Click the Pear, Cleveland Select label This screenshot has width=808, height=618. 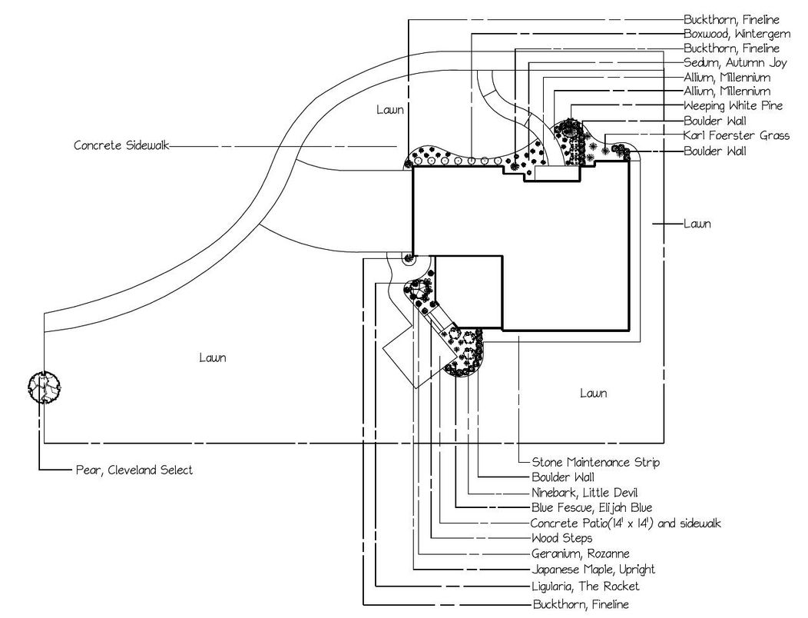pos(134,470)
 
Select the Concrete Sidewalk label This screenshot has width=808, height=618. pos(121,145)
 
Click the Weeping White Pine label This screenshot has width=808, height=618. pos(733,105)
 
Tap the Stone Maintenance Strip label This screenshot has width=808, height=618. pos(595,463)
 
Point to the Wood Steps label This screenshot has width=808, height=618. pos(561,538)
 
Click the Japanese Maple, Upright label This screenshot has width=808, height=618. pos(593,570)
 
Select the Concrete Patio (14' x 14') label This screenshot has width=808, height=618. pos(626,523)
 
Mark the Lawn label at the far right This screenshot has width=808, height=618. pos(697,224)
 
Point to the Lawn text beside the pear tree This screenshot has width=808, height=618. pos(213,357)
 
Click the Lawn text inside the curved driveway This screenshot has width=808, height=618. pos(390,110)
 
